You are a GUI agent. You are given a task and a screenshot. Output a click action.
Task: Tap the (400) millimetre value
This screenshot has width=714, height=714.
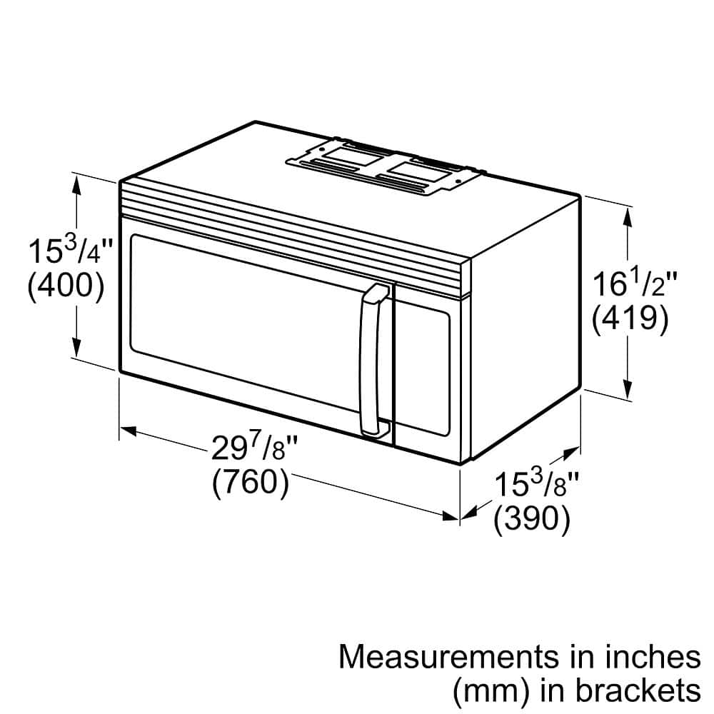coord(66,286)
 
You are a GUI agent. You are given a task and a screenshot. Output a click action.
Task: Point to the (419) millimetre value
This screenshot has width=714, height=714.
coord(630,318)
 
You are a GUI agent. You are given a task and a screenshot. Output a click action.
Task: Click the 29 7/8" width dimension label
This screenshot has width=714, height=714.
coord(253,450)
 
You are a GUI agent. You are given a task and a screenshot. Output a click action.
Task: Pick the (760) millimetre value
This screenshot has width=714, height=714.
coord(251,483)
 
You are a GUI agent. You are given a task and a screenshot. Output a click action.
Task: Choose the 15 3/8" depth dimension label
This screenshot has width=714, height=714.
coord(536,486)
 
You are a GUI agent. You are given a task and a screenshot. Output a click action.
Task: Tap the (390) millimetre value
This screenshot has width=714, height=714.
coord(532,520)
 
